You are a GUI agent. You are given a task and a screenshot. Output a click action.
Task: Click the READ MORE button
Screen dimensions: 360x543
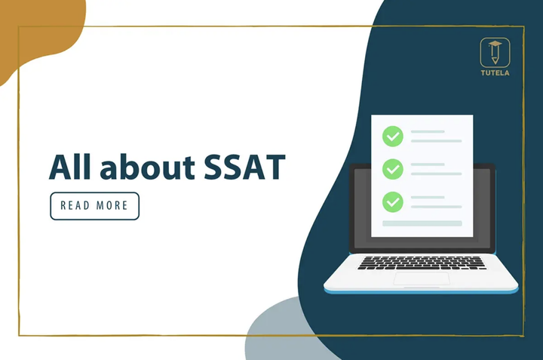pos(95,206)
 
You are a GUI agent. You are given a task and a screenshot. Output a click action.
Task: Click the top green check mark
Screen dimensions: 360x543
pos(392,137)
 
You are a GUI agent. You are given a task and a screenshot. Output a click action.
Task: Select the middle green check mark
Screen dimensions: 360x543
pos(392,168)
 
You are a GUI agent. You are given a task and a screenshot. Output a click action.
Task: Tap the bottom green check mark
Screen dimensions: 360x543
pos(392,202)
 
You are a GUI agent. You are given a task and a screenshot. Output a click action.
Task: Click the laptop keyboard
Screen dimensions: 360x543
pos(422,263)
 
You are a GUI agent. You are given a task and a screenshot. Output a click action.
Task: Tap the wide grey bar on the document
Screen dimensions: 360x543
pos(422,223)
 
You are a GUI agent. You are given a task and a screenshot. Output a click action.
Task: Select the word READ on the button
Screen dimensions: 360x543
pos(75,206)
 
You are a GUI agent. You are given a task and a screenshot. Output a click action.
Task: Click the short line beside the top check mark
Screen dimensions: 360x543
pos(427,131)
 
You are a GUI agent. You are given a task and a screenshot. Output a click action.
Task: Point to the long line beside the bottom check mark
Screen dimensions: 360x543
pos(436,207)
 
